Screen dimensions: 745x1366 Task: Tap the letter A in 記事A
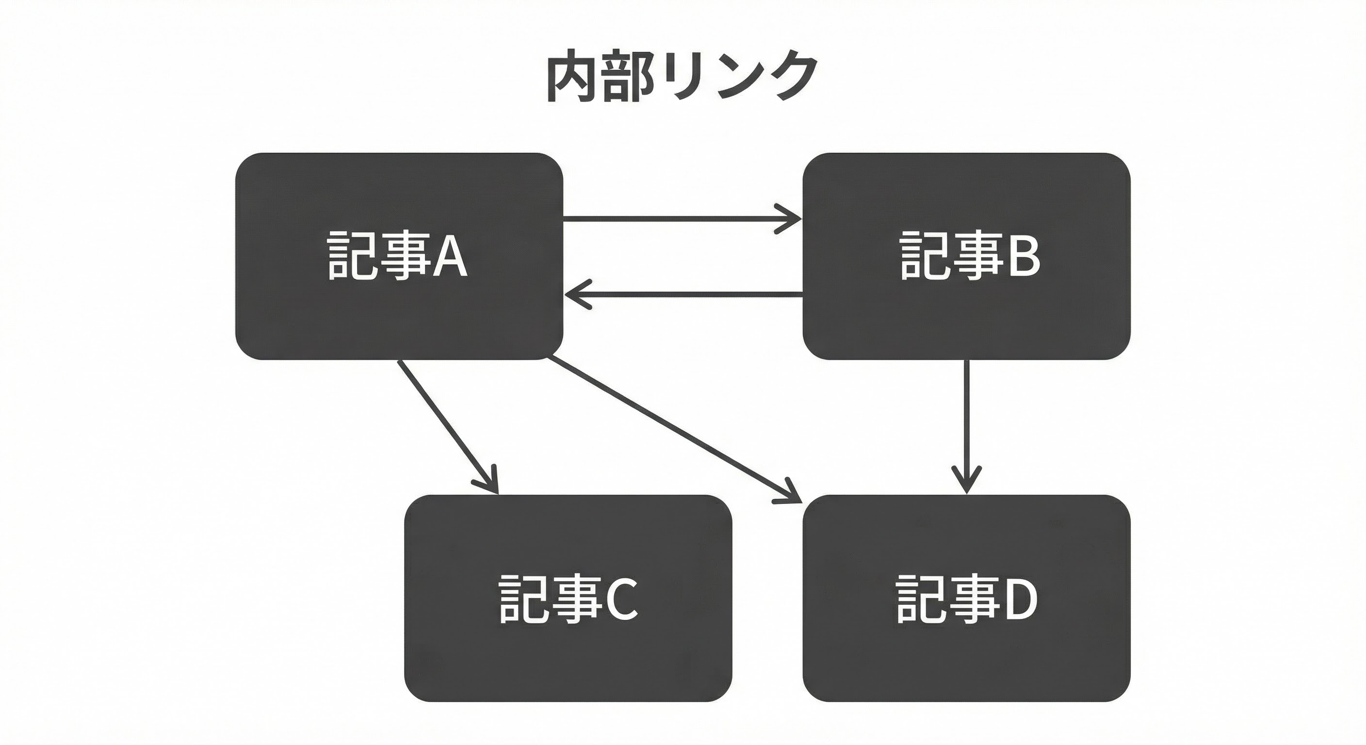450,256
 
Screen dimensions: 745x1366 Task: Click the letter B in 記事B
1023,256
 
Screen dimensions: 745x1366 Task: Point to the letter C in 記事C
620,598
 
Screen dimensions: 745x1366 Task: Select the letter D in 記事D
1019,598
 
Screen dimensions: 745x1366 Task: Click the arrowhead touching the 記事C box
491,483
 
